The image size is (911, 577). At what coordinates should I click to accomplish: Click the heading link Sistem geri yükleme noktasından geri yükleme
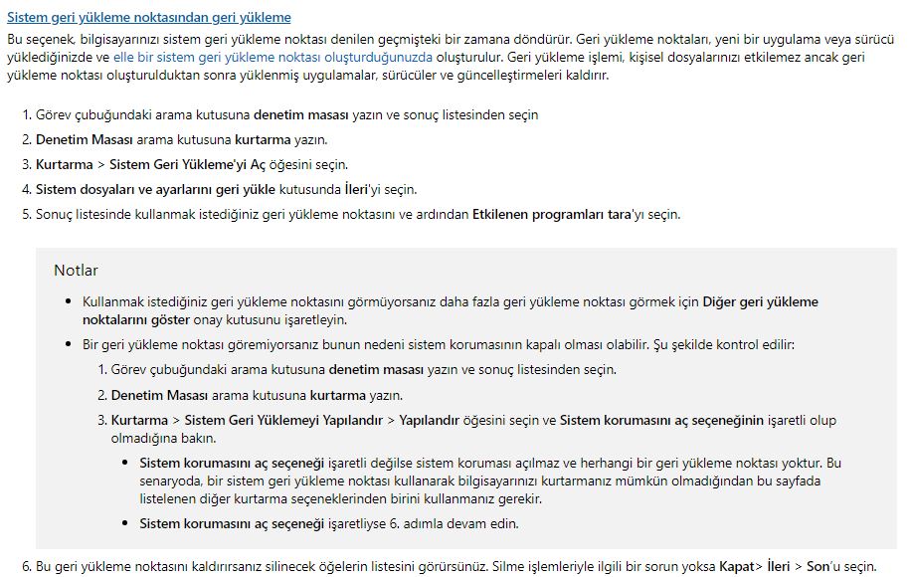click(149, 18)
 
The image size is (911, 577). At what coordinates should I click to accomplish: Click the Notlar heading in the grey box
click(76, 270)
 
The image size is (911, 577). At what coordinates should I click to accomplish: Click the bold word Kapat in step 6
click(737, 566)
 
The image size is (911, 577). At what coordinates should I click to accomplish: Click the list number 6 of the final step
click(26, 566)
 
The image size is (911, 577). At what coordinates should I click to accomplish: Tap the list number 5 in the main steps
click(26, 214)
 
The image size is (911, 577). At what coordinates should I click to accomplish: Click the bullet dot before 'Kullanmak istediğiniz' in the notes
click(68, 300)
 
